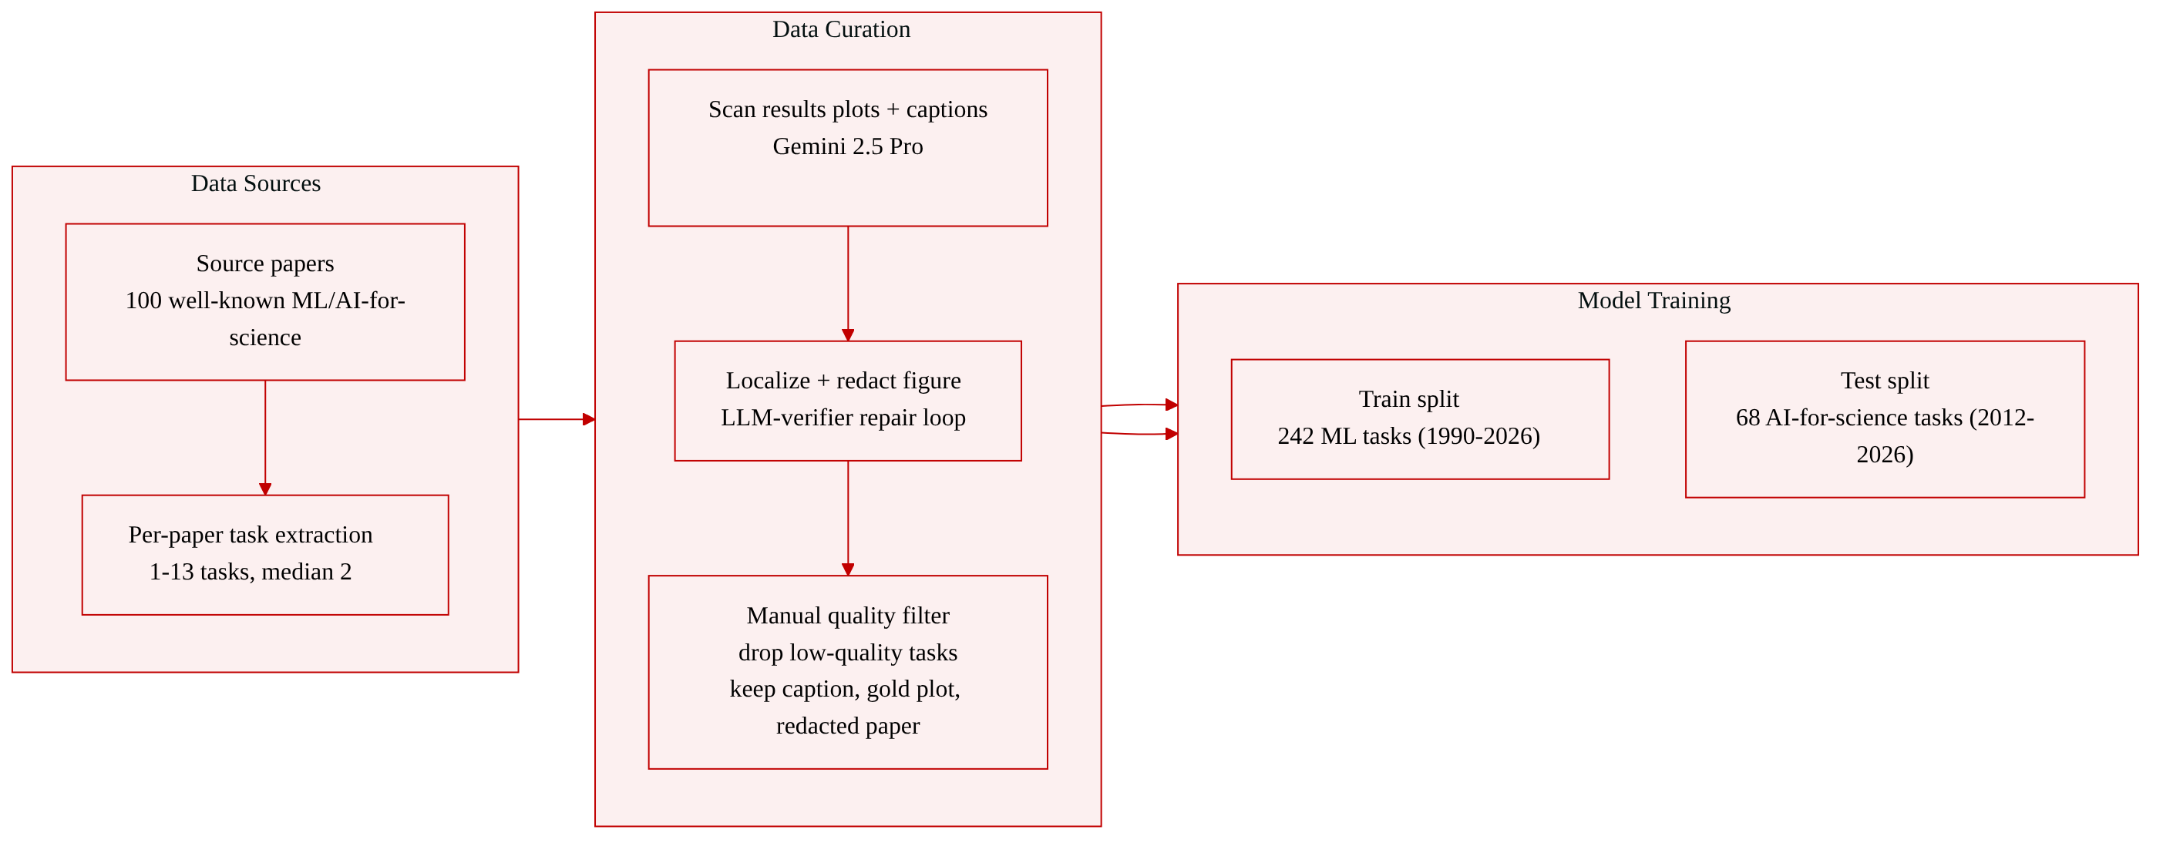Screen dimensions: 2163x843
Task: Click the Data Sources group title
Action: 256,183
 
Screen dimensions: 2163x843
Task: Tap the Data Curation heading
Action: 841,29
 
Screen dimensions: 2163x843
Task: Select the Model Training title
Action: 1654,301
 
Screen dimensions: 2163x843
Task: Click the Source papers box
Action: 265,302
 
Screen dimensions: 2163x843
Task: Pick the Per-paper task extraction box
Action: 265,555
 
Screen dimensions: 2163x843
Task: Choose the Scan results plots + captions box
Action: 848,148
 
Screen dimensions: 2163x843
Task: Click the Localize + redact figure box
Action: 848,401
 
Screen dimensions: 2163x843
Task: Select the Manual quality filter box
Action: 848,673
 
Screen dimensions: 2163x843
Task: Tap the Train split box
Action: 1420,420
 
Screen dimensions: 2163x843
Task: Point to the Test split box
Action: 1885,419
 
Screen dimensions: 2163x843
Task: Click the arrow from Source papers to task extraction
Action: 265,438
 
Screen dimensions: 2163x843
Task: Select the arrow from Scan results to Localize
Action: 848,284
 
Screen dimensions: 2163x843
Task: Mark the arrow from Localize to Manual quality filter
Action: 848,518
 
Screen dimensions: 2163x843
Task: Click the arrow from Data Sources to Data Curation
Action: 557,419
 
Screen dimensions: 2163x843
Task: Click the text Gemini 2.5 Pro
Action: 848,147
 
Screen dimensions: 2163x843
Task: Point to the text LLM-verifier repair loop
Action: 843,418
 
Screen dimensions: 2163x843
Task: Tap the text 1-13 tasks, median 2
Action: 251,572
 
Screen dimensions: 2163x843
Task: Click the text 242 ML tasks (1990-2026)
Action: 1409,437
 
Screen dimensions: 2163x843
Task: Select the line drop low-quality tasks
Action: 848,653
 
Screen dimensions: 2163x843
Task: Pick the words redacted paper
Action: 848,725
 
